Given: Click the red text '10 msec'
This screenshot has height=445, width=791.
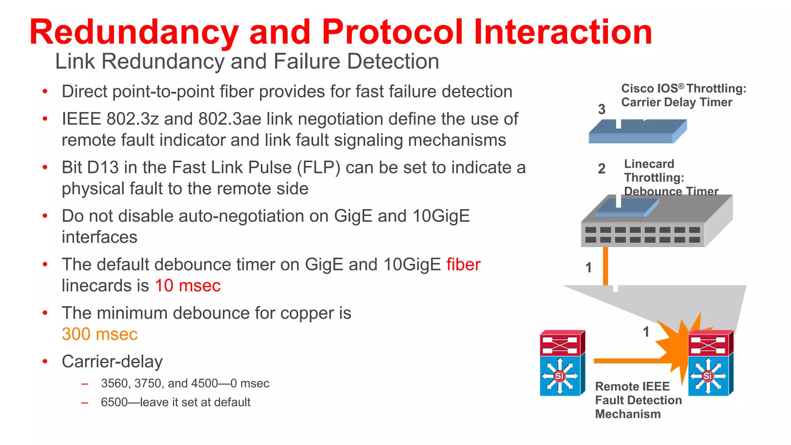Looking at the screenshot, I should click(x=188, y=286).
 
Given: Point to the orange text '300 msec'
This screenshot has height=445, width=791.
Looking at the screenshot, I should click(x=100, y=334).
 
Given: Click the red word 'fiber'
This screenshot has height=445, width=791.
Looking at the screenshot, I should click(x=463, y=265).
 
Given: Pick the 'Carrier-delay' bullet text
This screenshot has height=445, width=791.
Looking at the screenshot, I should click(x=112, y=362).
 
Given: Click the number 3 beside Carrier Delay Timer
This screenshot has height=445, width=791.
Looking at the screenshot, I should click(x=601, y=109).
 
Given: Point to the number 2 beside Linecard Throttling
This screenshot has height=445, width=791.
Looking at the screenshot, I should click(x=601, y=169).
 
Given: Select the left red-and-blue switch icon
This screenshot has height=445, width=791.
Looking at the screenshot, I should click(x=562, y=363).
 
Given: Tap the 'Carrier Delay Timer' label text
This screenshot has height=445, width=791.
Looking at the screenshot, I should click(x=677, y=102).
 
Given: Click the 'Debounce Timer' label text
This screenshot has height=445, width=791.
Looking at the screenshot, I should click(x=671, y=191).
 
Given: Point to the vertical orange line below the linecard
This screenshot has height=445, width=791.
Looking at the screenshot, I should click(x=606, y=267).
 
